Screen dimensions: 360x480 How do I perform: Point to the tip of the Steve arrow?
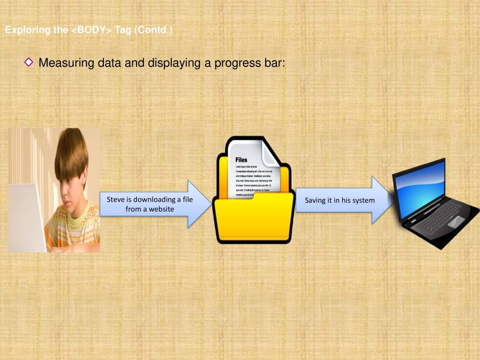coord(209,204)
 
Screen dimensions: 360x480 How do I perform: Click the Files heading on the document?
coord(241,159)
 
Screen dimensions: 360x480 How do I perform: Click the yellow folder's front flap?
coord(253,219)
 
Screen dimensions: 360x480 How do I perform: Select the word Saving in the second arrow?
coord(315,201)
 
